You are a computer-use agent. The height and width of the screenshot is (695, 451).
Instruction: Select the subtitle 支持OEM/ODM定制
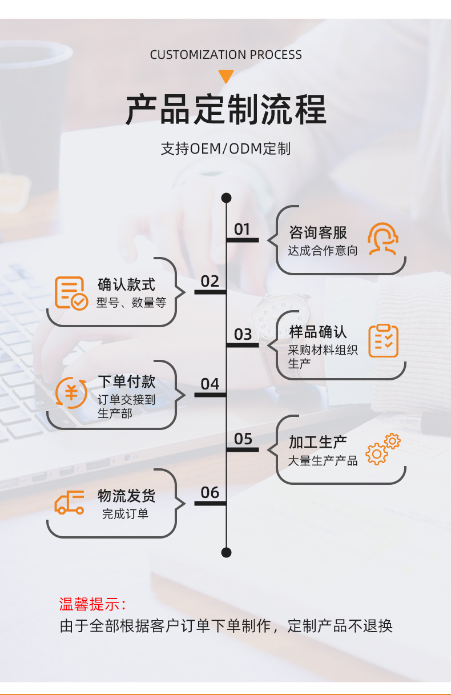coord(226,149)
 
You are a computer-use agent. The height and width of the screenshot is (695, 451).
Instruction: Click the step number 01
coord(242,229)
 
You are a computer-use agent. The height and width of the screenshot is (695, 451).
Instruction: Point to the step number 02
coord(210,281)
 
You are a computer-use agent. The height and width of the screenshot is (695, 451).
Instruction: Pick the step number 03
coord(243,334)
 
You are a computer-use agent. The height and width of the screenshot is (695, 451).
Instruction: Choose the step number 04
coord(210,384)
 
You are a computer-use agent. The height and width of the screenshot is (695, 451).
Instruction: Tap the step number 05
coord(243,439)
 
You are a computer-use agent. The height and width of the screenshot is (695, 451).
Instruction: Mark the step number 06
coord(210,492)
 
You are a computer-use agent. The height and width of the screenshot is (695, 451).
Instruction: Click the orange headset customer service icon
coord(382,239)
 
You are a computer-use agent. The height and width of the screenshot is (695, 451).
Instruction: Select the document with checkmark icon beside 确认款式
coord(71,292)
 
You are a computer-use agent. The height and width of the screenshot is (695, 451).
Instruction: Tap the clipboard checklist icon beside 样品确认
coord(383,341)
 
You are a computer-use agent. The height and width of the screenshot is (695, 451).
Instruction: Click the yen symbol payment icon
coord(71,393)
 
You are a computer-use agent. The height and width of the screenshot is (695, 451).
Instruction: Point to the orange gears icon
coord(383,449)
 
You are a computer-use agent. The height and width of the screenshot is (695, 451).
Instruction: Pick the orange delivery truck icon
coord(70,503)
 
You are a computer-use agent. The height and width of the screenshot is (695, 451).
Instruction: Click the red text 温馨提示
coord(92,604)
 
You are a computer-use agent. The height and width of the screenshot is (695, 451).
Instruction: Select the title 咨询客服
coord(318,232)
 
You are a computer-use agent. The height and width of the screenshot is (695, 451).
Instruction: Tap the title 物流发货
coord(126,496)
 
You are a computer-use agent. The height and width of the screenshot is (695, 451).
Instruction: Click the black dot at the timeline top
coord(226,198)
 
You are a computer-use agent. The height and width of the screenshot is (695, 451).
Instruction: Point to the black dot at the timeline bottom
coord(226,552)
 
